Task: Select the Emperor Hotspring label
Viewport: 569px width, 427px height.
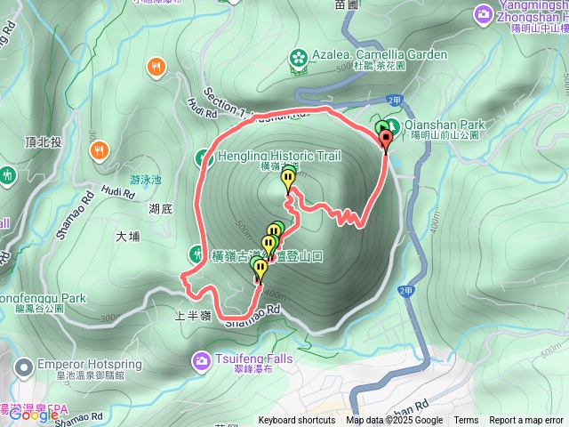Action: coord(84,364)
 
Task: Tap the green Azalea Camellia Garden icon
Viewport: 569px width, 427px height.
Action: coord(297,58)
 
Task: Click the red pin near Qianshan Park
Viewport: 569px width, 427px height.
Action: coord(386,141)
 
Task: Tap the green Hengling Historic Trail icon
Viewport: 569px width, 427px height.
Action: coord(203,158)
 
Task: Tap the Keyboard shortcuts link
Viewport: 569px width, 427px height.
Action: coord(297,421)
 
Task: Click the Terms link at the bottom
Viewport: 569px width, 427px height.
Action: coord(466,421)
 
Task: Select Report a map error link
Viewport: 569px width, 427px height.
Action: coord(526,421)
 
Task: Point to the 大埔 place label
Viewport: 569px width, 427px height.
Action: coord(128,237)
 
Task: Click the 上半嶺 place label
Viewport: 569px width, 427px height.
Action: coord(193,316)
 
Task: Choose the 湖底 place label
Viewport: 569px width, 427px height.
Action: coord(160,209)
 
